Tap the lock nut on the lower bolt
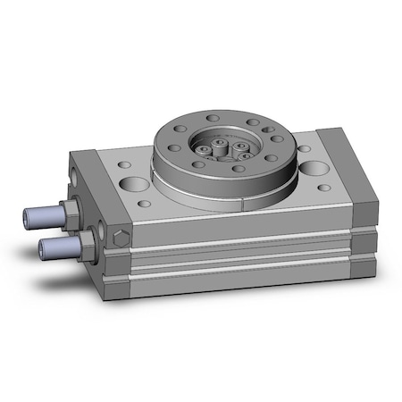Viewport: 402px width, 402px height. tap(87, 239)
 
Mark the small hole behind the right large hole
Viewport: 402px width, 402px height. tap(303, 148)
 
